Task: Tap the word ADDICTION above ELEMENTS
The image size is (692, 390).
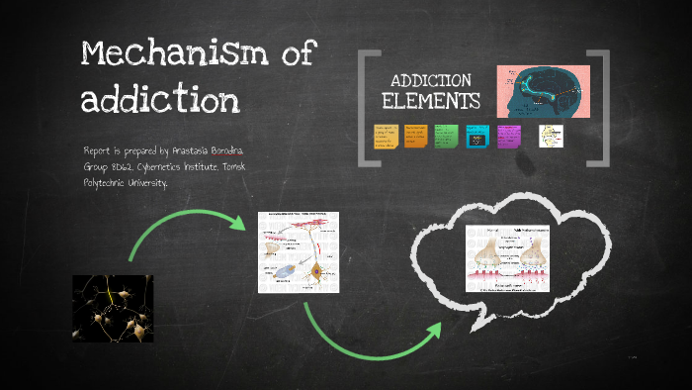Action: (431, 80)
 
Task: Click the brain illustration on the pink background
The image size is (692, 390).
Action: (542, 91)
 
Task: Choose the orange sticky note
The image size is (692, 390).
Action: (415, 137)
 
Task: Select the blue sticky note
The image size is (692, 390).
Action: (478, 137)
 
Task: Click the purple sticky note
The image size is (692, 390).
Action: (509, 137)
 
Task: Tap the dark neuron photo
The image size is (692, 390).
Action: (113, 308)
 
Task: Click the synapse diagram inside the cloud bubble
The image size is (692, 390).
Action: (508, 258)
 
